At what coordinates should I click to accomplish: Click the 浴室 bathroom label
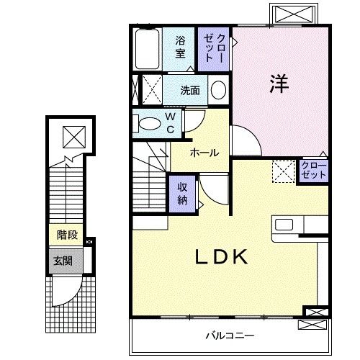click(179, 48)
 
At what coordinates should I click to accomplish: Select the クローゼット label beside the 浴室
click(215, 48)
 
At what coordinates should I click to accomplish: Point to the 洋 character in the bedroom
click(279, 84)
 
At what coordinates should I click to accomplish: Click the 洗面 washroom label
click(190, 91)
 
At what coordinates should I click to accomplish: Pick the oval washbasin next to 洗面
click(218, 91)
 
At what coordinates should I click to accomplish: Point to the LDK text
click(221, 256)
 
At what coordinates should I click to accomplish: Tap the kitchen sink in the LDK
click(282, 225)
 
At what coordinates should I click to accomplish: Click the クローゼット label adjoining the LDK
click(314, 171)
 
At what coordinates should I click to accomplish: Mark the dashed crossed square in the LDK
click(282, 171)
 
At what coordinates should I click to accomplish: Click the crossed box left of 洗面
click(151, 91)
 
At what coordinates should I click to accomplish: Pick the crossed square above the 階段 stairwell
click(72, 135)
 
